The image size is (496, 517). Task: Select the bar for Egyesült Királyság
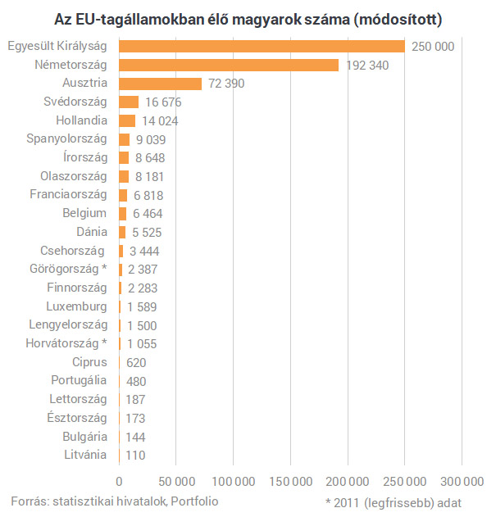tap(262, 47)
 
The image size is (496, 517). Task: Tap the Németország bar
tap(229, 65)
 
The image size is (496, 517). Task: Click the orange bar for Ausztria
tap(160, 84)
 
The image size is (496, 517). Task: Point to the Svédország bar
tap(129, 102)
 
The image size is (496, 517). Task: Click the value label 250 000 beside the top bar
tap(433, 47)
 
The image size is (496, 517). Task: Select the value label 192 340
tap(366, 66)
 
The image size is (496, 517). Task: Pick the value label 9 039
tap(151, 139)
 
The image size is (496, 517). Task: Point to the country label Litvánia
tap(84, 455)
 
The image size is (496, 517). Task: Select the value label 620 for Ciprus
tap(136, 362)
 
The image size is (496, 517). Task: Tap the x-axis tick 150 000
tap(290, 481)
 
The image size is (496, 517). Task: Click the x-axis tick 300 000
tap(462, 481)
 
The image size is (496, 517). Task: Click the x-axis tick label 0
tap(120, 481)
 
